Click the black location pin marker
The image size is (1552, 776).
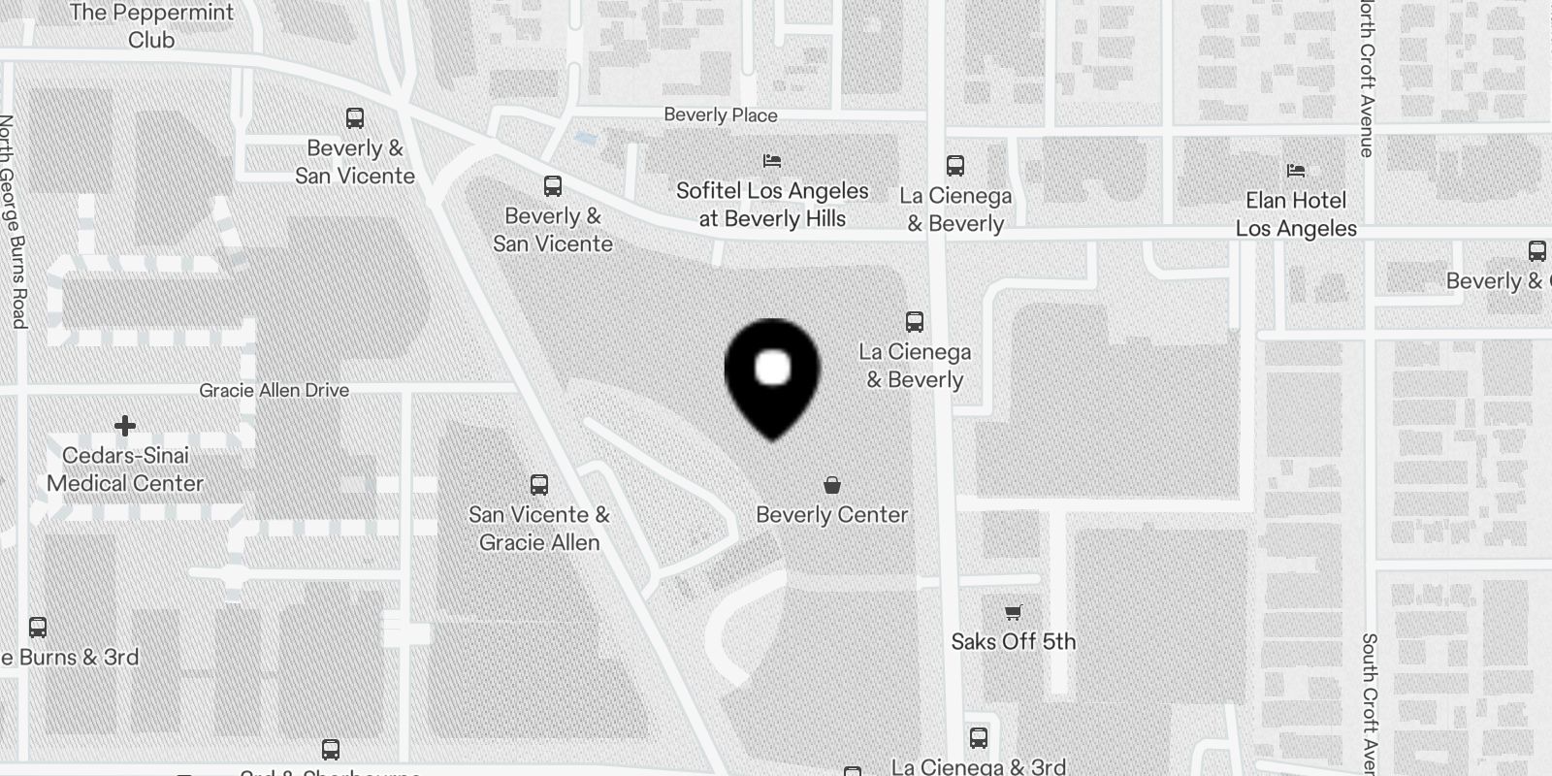coord(772,373)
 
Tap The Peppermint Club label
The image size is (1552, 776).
coord(151,26)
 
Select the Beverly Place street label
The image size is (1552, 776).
coord(721,114)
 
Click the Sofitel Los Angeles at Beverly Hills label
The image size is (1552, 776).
coord(772,205)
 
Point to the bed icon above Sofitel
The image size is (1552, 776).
coord(772,160)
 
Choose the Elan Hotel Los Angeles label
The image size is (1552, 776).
coord(1296,214)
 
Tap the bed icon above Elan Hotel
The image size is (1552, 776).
coord(1296,171)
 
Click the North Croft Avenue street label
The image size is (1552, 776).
coord(1367,78)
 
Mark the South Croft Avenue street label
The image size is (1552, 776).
coord(1369,703)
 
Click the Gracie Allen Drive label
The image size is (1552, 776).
coord(275,390)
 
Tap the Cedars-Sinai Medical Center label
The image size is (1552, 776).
coord(125,469)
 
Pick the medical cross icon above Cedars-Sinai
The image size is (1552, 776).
coord(125,426)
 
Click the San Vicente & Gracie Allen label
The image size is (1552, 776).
coord(539,529)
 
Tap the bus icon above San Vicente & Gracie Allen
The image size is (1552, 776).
coord(539,485)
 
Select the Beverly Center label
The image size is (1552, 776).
coord(832,515)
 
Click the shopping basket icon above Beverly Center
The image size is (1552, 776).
coord(832,485)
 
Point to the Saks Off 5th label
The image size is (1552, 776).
coord(1014,641)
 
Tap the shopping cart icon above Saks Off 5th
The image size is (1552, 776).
coord(1014,612)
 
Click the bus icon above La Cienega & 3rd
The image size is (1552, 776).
coord(979,738)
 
